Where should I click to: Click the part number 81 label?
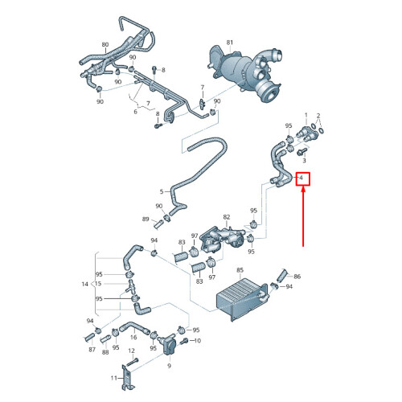[230, 43]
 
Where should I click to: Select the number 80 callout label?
[105, 44]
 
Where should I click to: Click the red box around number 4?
[303, 178]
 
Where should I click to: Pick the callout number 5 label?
[162, 191]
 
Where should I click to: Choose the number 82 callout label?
[227, 216]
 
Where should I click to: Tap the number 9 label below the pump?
[169, 366]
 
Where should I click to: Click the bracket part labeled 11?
[127, 377]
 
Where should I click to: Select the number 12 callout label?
[131, 351]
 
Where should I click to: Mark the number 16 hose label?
[133, 337]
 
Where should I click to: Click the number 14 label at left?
[84, 284]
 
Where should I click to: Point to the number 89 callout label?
[146, 219]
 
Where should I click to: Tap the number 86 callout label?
[297, 277]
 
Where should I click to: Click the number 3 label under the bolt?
[304, 161]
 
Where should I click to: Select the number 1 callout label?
[306, 115]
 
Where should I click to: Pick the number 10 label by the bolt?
[197, 341]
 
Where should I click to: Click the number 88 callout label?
[105, 352]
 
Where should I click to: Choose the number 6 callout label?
[135, 112]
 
